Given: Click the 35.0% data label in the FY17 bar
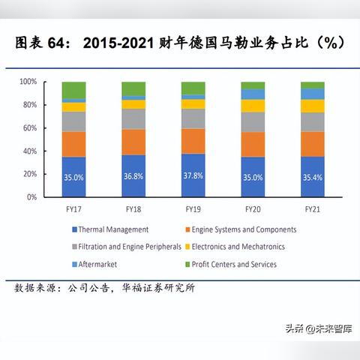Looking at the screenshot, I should tap(73, 178).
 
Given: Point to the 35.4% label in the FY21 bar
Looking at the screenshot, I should tap(312, 178).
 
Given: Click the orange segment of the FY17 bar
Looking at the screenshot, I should tap(73, 144).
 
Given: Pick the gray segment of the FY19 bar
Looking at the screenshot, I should tap(193, 118).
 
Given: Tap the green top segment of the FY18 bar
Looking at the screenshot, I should tap(133, 88).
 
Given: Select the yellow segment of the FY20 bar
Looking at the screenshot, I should tap(253, 106).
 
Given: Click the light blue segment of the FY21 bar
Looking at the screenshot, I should tap(312, 94).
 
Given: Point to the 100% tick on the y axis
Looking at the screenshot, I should tap(28, 81).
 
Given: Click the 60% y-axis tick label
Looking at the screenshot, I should tap(29, 127).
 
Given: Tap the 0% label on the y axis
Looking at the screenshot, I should tap(32, 197).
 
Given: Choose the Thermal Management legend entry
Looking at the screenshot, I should tap(113, 229).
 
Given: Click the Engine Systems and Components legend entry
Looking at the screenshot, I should tap(244, 229).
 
